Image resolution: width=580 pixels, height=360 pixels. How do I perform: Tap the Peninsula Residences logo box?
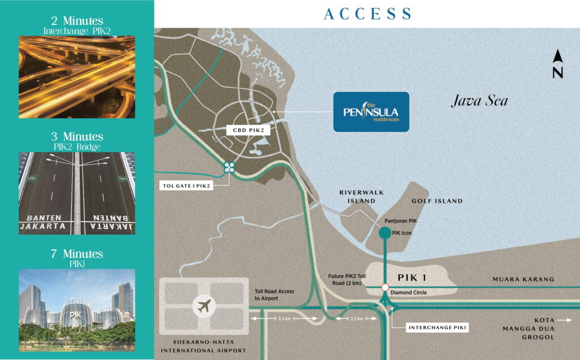[371, 112]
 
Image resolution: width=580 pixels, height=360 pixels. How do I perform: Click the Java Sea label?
[479, 102]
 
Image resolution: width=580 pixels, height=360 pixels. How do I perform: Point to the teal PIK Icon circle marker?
[385, 232]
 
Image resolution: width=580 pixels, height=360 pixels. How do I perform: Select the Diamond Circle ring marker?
[385, 288]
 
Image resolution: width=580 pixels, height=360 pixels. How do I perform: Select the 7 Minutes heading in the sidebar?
[77, 254]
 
